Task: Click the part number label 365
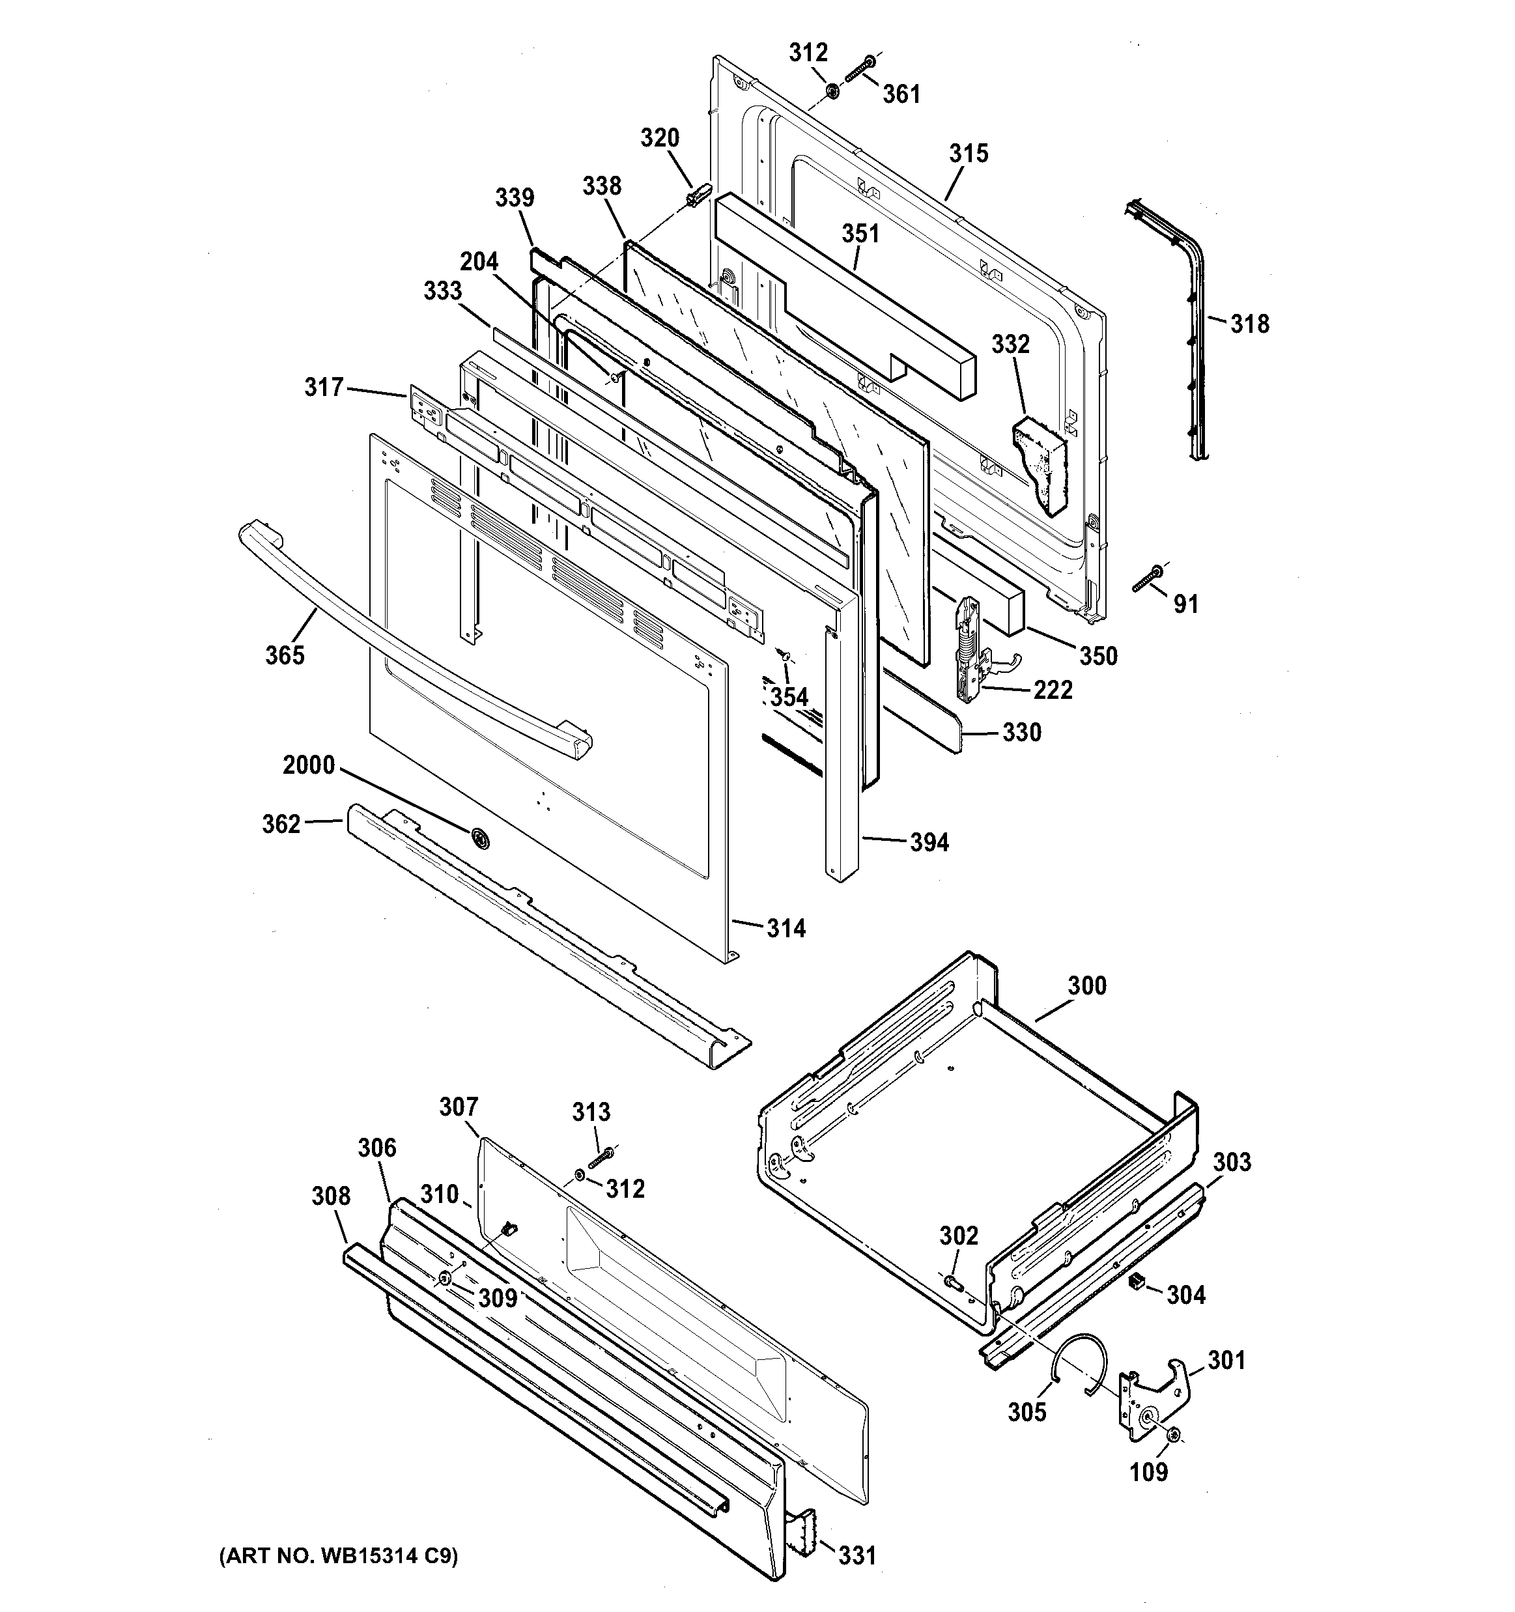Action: click(285, 655)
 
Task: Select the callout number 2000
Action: click(308, 765)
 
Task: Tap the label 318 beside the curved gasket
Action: click(1249, 324)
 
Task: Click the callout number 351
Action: click(860, 234)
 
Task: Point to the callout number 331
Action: click(857, 1555)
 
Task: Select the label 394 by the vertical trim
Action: click(929, 843)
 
